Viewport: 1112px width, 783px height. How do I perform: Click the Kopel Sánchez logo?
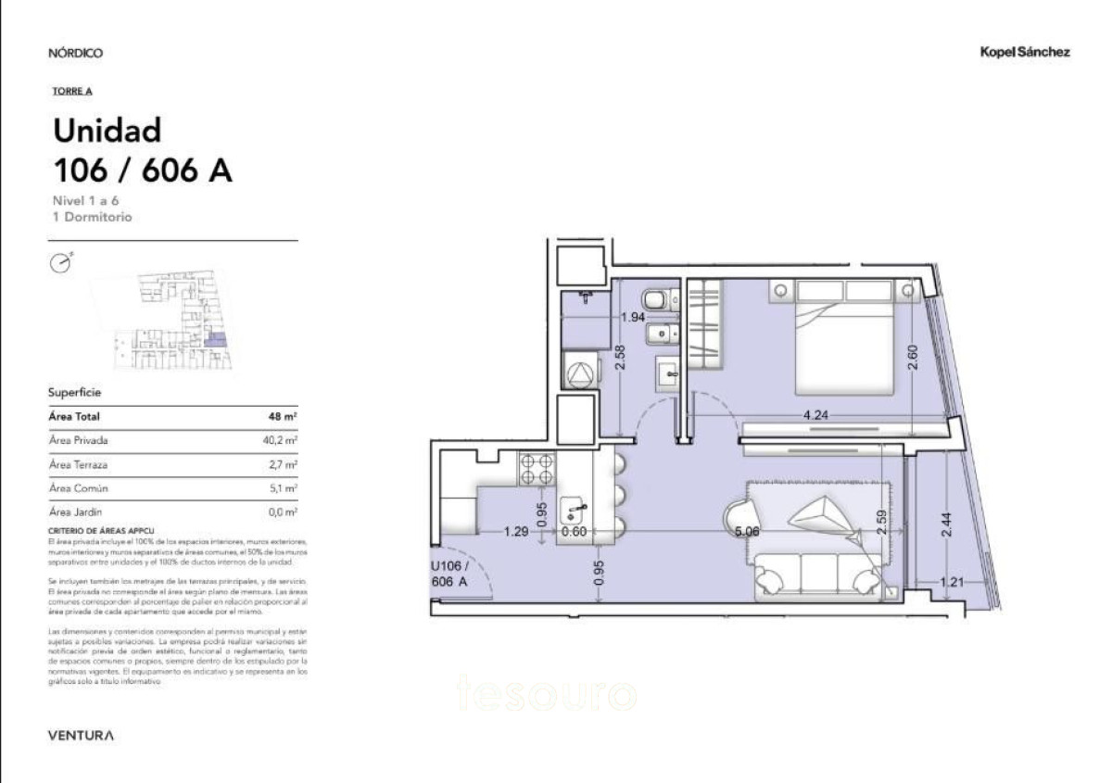[1025, 53]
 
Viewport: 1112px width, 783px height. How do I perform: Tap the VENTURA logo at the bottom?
[82, 736]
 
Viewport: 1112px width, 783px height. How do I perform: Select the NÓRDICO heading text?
[75, 53]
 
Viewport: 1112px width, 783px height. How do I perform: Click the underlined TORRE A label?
[72, 91]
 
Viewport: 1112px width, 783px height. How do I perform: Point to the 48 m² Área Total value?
[282, 417]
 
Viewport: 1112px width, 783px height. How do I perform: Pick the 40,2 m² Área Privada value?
[279, 441]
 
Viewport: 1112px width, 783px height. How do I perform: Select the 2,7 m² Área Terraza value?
[284, 464]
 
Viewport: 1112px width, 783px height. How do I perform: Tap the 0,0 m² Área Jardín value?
[284, 511]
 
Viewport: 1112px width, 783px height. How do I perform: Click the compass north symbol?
[59, 264]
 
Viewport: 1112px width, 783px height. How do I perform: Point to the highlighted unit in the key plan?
[215, 341]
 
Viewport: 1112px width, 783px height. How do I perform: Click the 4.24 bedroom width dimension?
[815, 415]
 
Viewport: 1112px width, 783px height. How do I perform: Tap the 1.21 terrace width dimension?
[952, 583]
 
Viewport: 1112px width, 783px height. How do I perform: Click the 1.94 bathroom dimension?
[632, 317]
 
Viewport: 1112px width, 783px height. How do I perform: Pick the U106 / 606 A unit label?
[451, 574]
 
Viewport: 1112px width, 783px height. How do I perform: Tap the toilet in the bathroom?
[655, 300]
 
